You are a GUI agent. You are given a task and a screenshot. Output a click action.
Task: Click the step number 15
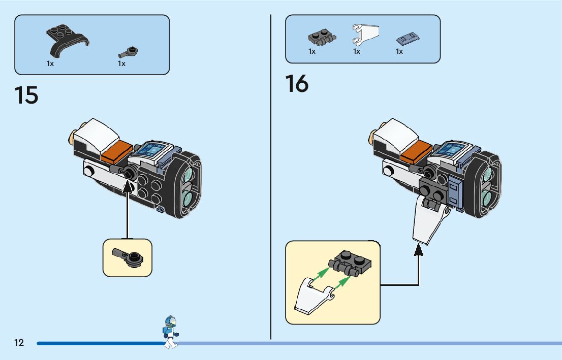point(26,95)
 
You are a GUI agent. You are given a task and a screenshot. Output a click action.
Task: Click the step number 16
point(297,84)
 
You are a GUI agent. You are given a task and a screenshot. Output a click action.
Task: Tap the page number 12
point(19,343)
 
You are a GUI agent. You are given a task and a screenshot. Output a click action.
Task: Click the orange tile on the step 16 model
point(417,151)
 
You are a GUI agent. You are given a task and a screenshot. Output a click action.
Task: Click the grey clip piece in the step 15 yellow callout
point(130,256)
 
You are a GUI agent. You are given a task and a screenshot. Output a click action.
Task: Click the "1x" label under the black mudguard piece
point(50,64)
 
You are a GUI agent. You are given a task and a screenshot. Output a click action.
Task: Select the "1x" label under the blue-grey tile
point(399,51)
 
